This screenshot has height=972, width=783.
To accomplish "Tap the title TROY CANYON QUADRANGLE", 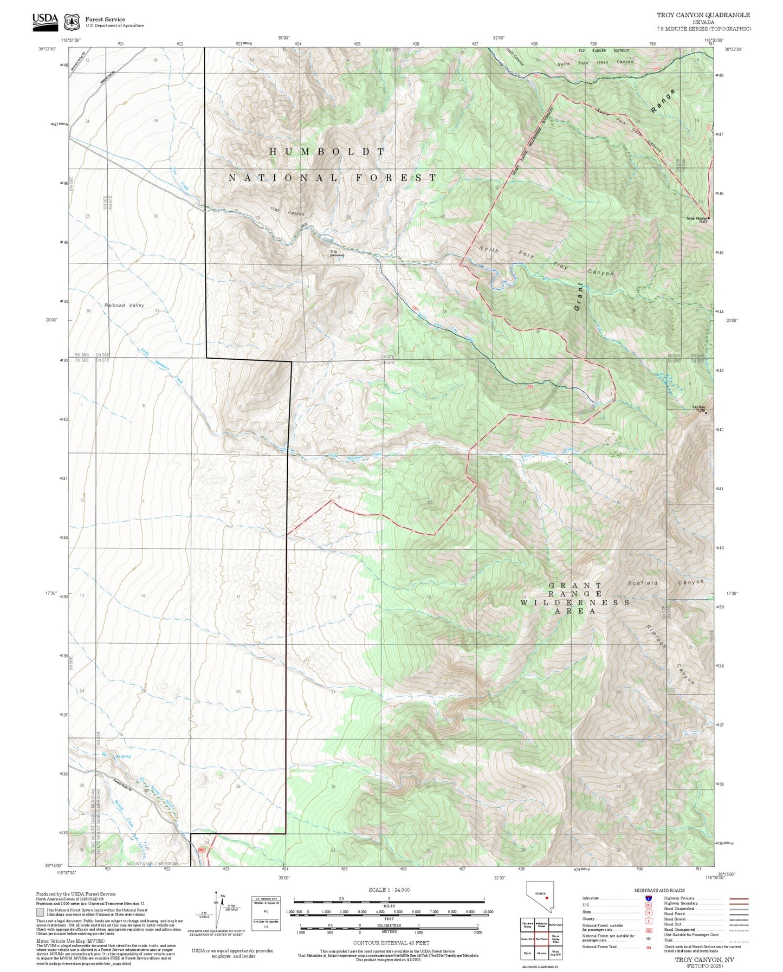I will click(703, 15).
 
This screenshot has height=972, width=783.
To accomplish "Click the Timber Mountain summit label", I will click(697, 219).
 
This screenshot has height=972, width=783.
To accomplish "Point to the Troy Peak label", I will click(698, 409).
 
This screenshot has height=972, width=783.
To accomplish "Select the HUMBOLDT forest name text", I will click(327, 152).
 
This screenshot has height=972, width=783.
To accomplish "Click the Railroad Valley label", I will click(124, 306).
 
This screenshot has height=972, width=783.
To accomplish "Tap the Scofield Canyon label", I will click(665, 583).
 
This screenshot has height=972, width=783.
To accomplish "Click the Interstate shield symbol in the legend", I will click(649, 898).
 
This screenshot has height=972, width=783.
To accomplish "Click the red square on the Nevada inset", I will click(547, 897).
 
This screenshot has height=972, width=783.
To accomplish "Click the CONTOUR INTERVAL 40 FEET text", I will click(391, 943).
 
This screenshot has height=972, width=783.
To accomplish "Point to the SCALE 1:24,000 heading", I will click(389, 890).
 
